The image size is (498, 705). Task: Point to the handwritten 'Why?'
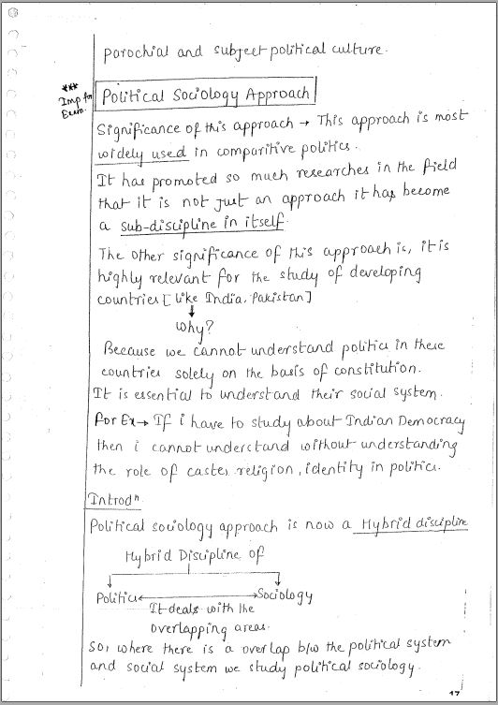[x=195, y=328]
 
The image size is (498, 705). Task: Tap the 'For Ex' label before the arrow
[x=116, y=420]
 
